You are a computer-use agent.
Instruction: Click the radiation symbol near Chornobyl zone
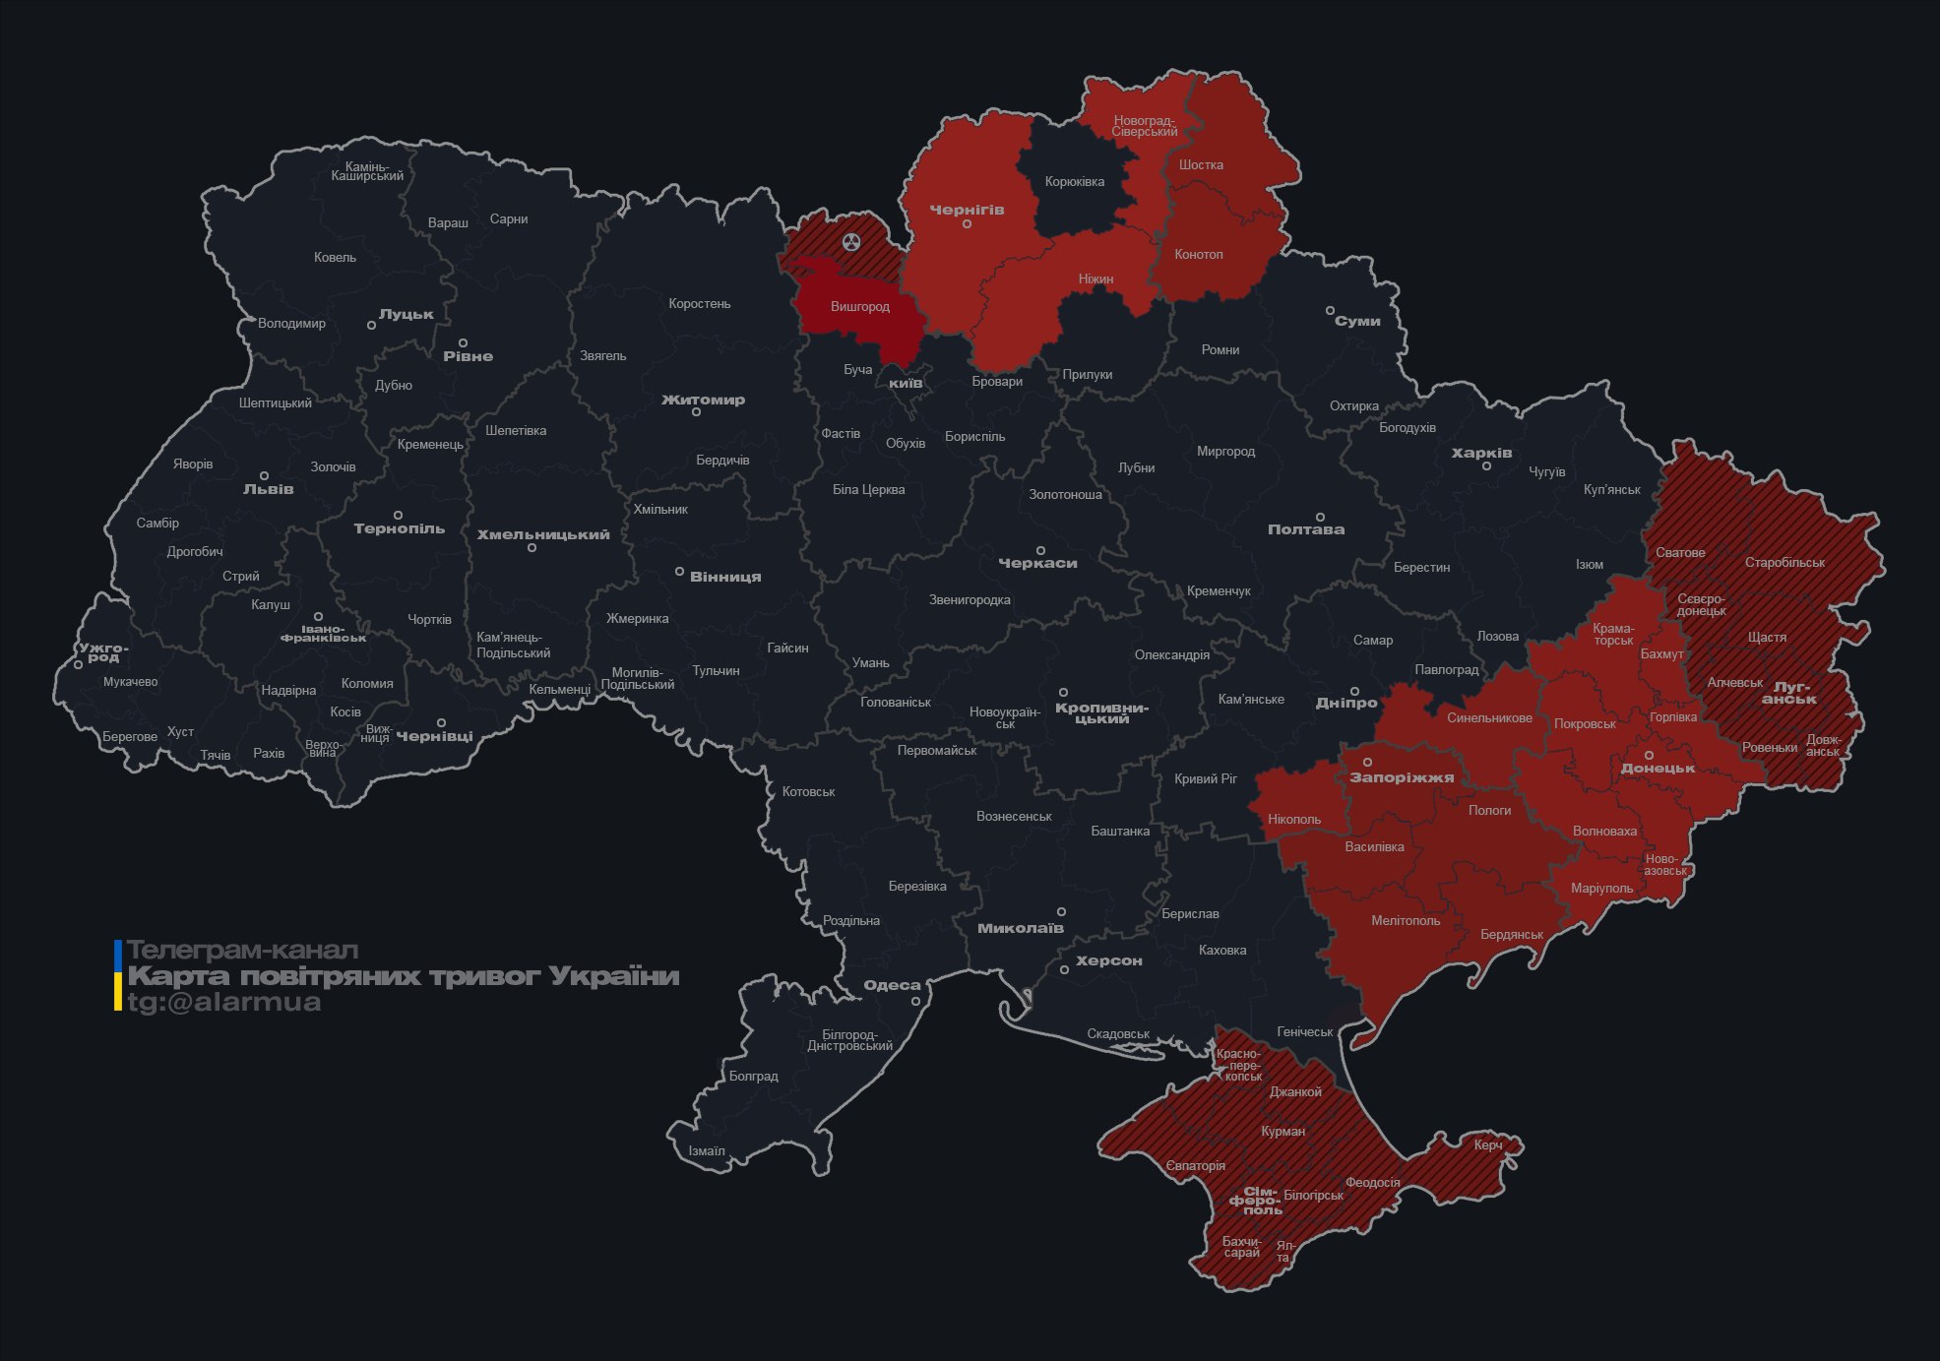click(x=851, y=241)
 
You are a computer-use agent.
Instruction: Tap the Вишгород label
click(x=859, y=307)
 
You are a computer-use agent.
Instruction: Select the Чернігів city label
click(x=967, y=210)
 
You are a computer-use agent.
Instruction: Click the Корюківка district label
click(x=1074, y=182)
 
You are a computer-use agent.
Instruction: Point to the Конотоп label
click(x=1198, y=255)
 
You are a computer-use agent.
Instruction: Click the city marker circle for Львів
click(x=264, y=475)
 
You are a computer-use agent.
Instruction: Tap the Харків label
click(x=1481, y=454)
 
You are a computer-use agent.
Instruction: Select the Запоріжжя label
click(x=1402, y=778)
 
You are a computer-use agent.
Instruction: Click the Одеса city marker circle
click(x=915, y=1002)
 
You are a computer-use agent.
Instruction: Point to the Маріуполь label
click(x=1601, y=889)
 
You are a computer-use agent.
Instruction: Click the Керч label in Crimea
click(x=1488, y=1145)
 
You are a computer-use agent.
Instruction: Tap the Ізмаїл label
click(x=707, y=1151)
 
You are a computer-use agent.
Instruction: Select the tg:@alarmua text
click(x=224, y=1003)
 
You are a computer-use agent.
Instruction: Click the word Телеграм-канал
click(x=242, y=951)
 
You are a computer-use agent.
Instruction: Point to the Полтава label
click(x=1305, y=529)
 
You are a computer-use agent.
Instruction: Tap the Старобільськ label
click(x=1784, y=563)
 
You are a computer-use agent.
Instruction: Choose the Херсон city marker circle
click(x=1064, y=970)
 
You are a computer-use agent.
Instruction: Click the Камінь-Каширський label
click(x=367, y=171)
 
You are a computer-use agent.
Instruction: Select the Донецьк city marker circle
click(x=1649, y=756)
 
